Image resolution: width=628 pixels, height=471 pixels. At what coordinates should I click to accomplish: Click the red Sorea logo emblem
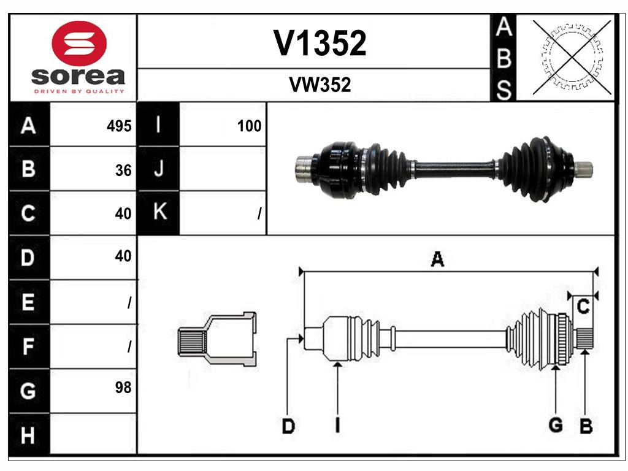point(80,43)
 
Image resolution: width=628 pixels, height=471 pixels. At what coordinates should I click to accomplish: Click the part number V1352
point(320,44)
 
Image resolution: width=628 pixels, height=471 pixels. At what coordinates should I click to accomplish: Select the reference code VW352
point(320,85)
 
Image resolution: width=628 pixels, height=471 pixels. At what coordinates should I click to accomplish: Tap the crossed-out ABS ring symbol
point(572,58)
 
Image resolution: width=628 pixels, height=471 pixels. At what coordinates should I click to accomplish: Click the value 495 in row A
point(119,126)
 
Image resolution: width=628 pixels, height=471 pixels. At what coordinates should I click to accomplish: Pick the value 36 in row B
point(123,170)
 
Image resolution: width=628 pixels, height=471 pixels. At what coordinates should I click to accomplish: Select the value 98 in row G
point(123,388)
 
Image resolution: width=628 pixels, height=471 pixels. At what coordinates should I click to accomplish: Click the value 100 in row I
point(249,126)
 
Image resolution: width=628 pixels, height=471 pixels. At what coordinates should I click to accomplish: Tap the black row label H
point(28,435)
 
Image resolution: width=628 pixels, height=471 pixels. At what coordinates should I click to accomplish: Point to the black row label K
point(159,213)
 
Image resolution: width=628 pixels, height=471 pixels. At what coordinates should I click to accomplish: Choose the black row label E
point(28,302)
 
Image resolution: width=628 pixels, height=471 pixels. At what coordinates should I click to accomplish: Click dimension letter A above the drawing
point(437,259)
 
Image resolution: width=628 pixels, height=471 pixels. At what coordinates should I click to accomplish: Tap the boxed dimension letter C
point(584,306)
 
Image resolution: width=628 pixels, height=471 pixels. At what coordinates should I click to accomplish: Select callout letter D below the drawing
point(288,426)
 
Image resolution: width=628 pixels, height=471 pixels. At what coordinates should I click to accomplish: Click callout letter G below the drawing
point(556,425)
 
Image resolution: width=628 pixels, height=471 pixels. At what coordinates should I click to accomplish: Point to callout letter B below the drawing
point(586,426)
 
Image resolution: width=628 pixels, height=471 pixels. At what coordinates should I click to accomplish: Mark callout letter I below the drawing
point(337,426)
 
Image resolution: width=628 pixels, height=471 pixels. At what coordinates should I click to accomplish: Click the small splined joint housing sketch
point(217,339)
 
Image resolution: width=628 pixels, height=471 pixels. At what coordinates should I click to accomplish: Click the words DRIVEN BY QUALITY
point(78,91)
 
